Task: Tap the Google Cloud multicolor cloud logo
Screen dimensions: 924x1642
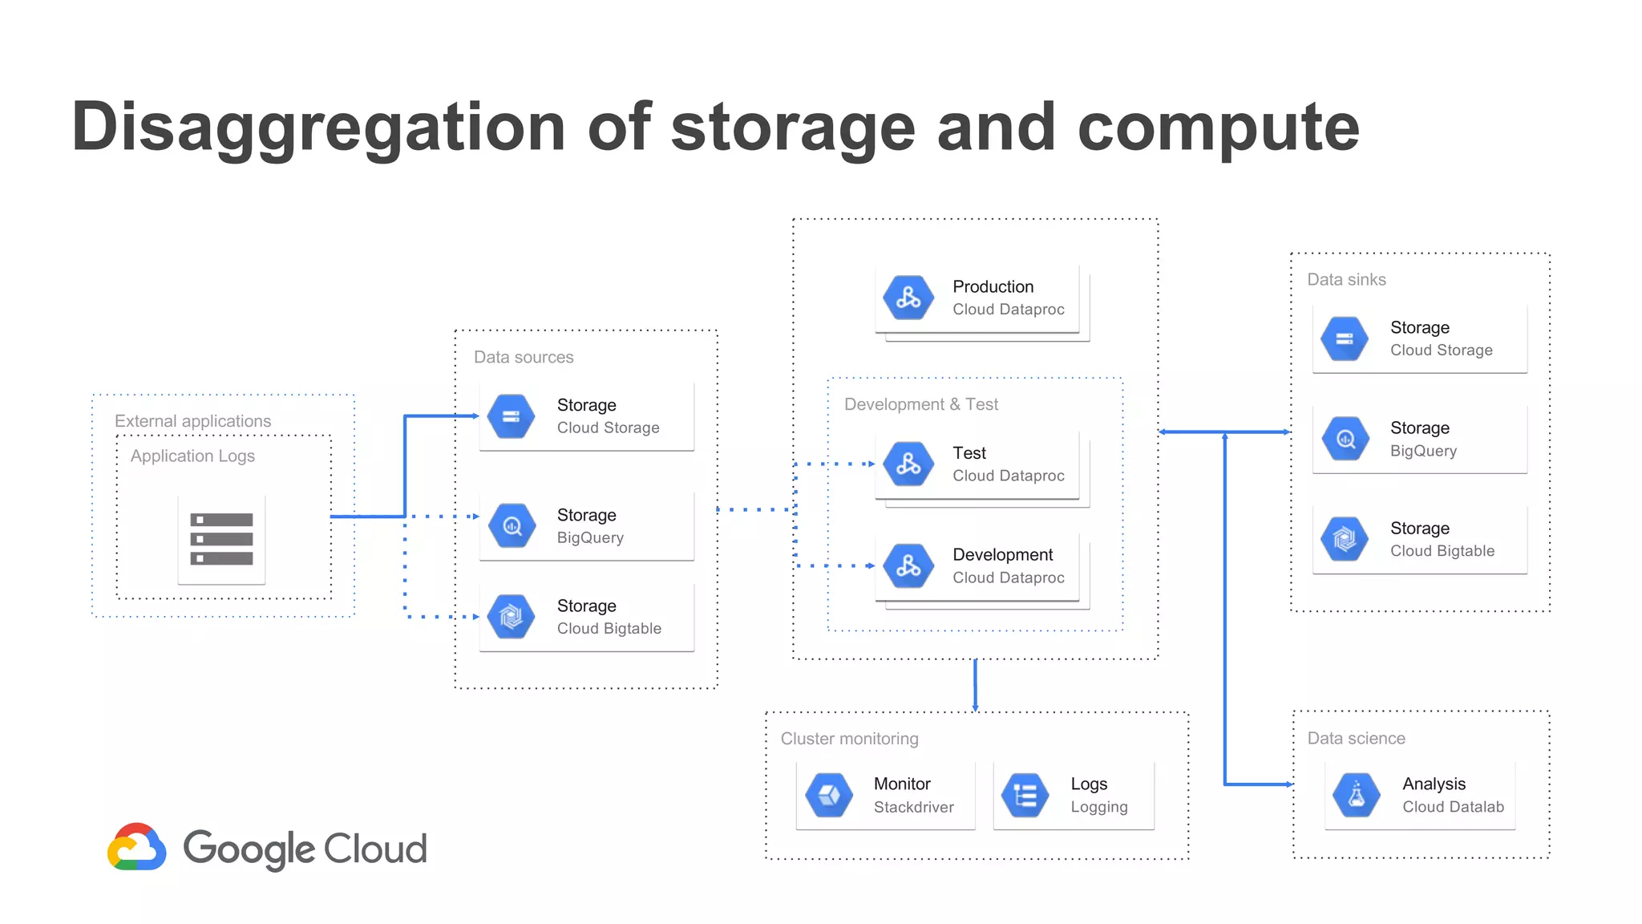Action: [137, 847]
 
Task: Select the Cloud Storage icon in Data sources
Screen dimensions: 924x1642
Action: [512, 416]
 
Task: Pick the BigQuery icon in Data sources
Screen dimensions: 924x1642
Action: [512, 526]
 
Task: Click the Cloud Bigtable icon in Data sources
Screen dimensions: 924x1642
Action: [512, 617]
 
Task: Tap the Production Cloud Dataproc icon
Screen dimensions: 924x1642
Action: [908, 298]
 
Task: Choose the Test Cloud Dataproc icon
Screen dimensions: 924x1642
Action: [908, 464]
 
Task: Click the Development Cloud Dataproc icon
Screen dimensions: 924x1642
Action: [908, 565]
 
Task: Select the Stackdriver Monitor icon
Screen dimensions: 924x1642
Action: [829, 795]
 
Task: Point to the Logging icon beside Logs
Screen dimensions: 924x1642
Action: [1025, 795]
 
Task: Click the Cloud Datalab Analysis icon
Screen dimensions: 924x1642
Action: [1356, 795]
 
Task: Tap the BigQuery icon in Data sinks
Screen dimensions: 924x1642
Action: [1345, 439]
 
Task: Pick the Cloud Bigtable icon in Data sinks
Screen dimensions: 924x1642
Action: [1345, 539]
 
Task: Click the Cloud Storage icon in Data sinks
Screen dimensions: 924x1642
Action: [1345, 338]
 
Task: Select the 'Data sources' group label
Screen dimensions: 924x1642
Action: [524, 357]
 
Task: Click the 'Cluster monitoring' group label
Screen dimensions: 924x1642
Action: [849, 739]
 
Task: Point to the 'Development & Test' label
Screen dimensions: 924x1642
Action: [920, 404]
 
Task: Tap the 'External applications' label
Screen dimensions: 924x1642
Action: [192, 421]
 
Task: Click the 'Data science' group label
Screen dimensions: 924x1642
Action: [1356, 739]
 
